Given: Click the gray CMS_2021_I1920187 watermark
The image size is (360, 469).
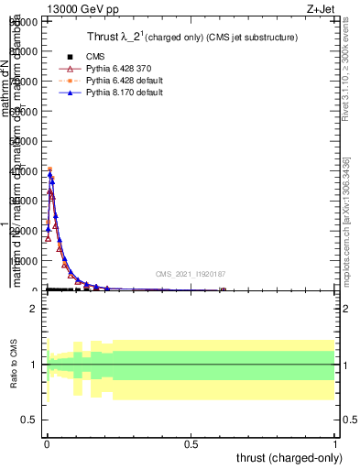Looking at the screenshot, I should [191, 274].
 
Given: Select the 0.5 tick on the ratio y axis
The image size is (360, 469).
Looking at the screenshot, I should [29, 420].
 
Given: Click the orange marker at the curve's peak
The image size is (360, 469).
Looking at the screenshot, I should [50, 169].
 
